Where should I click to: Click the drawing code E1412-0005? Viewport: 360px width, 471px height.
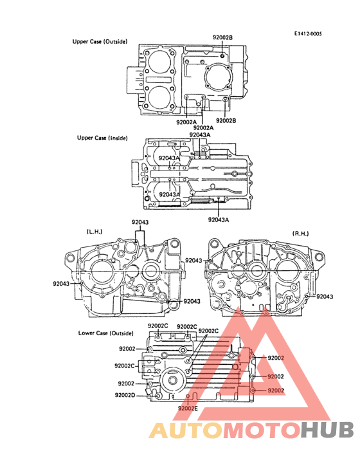[307, 33]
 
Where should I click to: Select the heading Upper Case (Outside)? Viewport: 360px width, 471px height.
[100, 41]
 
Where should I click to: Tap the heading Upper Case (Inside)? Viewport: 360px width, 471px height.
[102, 138]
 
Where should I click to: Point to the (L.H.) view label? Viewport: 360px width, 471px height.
[94, 232]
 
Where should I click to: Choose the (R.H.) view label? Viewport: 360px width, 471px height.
[300, 234]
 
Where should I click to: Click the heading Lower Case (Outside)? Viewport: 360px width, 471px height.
[106, 333]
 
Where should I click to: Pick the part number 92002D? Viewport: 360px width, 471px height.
[125, 395]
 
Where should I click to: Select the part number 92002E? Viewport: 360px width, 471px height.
[188, 408]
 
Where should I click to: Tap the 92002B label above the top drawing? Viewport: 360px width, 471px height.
[222, 37]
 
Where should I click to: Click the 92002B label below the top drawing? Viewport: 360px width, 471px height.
[226, 120]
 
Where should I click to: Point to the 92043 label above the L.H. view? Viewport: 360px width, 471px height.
[140, 222]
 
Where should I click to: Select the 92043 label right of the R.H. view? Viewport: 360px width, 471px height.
[325, 297]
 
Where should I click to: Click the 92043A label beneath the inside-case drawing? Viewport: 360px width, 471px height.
[219, 219]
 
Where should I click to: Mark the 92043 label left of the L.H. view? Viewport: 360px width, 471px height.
[61, 284]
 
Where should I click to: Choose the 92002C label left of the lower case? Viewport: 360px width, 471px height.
[125, 365]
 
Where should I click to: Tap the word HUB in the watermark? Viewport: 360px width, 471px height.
[328, 430]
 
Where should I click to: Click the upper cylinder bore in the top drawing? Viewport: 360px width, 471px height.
[159, 62]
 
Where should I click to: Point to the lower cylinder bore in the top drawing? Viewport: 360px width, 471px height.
[159, 98]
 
